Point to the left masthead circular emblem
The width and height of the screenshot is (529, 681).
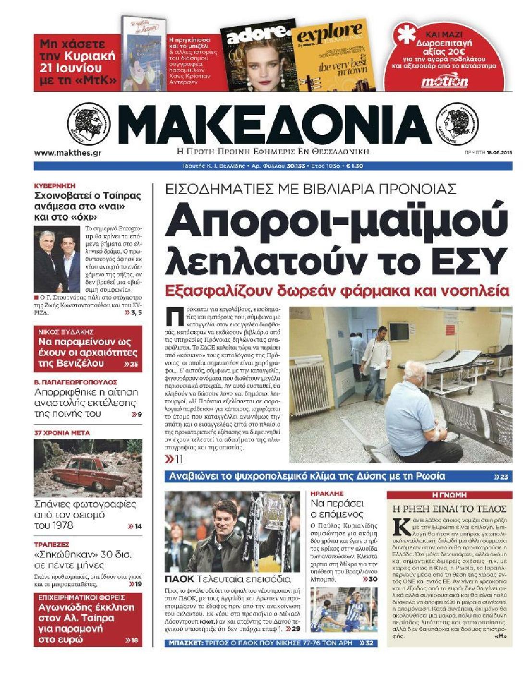point(86,124)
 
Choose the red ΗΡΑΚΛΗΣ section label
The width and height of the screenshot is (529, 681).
point(327,494)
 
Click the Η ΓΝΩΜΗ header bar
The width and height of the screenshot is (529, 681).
point(449,495)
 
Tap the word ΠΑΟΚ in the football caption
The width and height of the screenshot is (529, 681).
point(179,579)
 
